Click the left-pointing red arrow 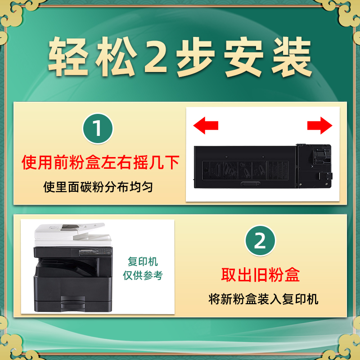(205, 125)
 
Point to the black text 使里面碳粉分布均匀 (98, 187)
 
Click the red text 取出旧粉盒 (261, 274)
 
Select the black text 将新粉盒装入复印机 (263, 299)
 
